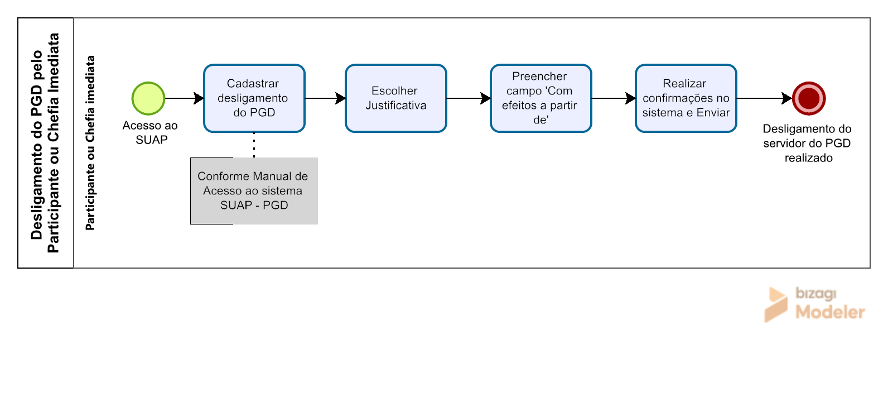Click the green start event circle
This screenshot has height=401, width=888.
(148, 98)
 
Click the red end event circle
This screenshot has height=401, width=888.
(809, 98)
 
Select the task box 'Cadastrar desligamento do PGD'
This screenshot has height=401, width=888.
(254, 98)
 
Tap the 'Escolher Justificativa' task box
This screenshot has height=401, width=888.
(395, 98)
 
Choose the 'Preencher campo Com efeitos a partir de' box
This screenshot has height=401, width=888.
(540, 98)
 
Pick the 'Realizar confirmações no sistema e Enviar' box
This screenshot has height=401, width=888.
(686, 98)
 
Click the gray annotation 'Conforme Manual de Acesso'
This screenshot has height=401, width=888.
(254, 191)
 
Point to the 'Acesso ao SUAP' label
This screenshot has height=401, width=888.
(150, 132)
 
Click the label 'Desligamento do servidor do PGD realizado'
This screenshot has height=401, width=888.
(808, 144)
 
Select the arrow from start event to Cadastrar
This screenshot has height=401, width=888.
(184, 98)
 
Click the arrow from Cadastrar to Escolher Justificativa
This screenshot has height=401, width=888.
(325, 98)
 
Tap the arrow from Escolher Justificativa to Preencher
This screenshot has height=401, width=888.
(469, 98)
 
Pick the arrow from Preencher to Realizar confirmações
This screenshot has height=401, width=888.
(614, 98)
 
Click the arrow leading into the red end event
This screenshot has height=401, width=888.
(764, 98)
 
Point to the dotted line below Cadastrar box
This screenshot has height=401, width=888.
(254, 145)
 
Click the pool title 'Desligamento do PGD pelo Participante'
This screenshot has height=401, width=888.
(45, 143)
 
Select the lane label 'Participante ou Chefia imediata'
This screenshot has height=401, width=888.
(90, 143)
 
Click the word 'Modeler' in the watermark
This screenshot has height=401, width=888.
(830, 312)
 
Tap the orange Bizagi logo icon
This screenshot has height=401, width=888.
(776, 304)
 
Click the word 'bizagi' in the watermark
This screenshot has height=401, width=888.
(816, 293)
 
